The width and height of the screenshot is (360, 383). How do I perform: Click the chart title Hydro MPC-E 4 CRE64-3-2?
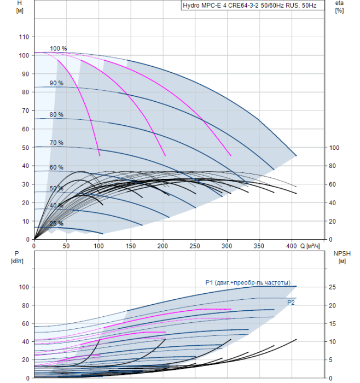pos(221,5)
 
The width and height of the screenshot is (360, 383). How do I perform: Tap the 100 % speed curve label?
pos(59,49)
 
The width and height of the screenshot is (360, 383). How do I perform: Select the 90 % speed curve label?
pos(56,83)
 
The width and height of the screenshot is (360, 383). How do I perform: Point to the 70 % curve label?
pos(56,143)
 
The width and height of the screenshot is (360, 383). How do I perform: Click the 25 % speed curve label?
pos(56,223)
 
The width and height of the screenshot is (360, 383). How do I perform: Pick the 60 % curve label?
pos(56,167)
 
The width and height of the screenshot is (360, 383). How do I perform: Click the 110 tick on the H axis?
pos(24,37)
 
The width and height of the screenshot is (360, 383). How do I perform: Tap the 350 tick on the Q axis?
pos(259,246)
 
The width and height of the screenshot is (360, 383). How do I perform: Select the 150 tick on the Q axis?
pos(131,246)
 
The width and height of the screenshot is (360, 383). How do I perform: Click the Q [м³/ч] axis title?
pos(310,246)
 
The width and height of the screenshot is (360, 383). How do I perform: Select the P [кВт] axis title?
pos(17,257)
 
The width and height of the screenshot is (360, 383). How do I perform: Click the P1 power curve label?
pos(248,283)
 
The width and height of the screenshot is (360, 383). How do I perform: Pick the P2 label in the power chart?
pos(291,303)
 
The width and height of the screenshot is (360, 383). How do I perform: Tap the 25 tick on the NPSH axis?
pos(332,287)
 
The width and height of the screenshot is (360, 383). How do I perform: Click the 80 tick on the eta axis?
pos(332,166)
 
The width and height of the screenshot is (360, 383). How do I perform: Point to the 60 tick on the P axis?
pos(26,324)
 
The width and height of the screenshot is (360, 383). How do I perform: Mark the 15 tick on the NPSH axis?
pos(332,324)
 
